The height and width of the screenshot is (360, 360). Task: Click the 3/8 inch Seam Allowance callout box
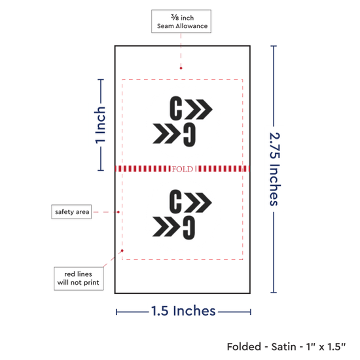point(181,22)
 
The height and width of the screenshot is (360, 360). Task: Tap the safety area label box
point(71,211)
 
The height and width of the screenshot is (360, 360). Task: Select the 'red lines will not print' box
point(79,278)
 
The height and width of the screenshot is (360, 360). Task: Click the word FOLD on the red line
point(183,169)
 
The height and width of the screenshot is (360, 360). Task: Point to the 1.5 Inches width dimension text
point(183,311)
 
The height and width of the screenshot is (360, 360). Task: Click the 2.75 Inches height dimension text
point(275,170)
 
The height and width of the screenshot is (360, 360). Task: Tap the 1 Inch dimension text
point(100,125)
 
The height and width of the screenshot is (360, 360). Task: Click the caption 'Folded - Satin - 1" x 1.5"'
point(286,347)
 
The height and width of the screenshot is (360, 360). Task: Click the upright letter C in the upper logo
point(176,108)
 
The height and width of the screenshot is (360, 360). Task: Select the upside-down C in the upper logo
point(189,135)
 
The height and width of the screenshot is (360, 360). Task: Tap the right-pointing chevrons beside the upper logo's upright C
point(199,109)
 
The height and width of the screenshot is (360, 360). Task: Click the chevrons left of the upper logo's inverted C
point(167,134)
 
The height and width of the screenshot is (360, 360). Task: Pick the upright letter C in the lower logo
point(175,202)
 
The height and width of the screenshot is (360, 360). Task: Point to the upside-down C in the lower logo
point(189,228)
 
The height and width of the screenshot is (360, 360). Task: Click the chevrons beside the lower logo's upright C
point(198,202)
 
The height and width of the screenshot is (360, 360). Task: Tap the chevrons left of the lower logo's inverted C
point(166,226)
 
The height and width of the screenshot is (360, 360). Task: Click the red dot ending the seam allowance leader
point(181,68)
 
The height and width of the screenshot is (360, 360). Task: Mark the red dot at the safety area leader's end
point(118,212)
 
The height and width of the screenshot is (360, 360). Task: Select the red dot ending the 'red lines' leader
point(122,251)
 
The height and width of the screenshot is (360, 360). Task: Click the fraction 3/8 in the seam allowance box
point(175,17)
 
